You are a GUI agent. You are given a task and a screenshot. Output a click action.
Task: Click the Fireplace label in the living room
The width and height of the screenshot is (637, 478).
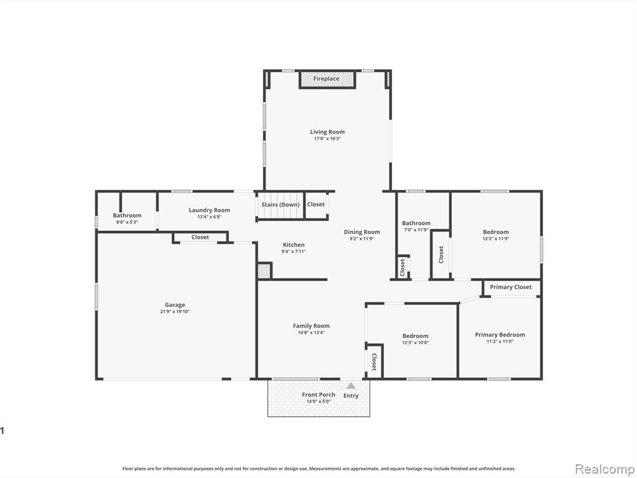click(x=326, y=79)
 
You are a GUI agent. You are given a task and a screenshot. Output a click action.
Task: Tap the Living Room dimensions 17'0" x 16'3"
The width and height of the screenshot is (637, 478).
click(x=327, y=139)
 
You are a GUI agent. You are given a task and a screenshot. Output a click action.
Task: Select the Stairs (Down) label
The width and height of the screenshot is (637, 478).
click(x=281, y=204)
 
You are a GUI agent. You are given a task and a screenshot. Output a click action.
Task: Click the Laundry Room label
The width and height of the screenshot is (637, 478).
click(x=209, y=210)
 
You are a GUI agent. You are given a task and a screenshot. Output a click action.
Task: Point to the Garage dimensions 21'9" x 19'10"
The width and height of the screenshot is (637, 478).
click(x=175, y=312)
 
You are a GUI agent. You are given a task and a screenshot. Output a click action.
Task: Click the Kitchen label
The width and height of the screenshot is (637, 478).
click(x=294, y=245)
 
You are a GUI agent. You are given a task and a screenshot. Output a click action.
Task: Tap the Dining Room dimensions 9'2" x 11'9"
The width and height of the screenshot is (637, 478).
click(x=361, y=239)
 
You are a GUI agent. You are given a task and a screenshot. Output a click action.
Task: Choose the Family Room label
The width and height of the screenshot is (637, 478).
click(x=311, y=326)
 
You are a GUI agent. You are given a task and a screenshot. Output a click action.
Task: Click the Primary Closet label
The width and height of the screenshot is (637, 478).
click(x=511, y=287)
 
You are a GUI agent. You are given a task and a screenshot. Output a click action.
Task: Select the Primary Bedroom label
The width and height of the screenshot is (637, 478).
click(x=500, y=335)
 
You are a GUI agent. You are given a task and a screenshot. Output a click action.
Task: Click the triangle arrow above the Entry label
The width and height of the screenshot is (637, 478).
click(x=351, y=385)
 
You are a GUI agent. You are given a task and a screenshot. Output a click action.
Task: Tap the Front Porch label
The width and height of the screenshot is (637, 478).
click(x=318, y=395)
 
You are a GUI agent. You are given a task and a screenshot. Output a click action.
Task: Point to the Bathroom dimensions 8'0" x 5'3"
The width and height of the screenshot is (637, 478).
click(x=127, y=222)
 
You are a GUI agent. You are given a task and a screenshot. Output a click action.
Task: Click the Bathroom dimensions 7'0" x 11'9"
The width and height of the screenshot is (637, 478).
click(x=416, y=230)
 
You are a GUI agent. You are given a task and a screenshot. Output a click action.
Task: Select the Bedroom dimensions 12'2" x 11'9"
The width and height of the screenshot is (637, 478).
click(x=496, y=239)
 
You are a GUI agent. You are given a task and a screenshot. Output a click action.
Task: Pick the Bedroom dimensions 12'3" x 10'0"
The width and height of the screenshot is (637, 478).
click(x=415, y=343)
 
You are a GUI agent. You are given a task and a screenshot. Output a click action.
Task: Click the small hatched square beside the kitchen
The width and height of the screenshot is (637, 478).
click(x=264, y=271)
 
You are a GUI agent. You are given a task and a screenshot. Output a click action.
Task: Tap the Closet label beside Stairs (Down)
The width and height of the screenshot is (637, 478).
click(x=315, y=204)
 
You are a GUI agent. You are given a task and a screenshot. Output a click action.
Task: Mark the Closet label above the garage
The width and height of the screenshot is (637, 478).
click(x=200, y=237)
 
